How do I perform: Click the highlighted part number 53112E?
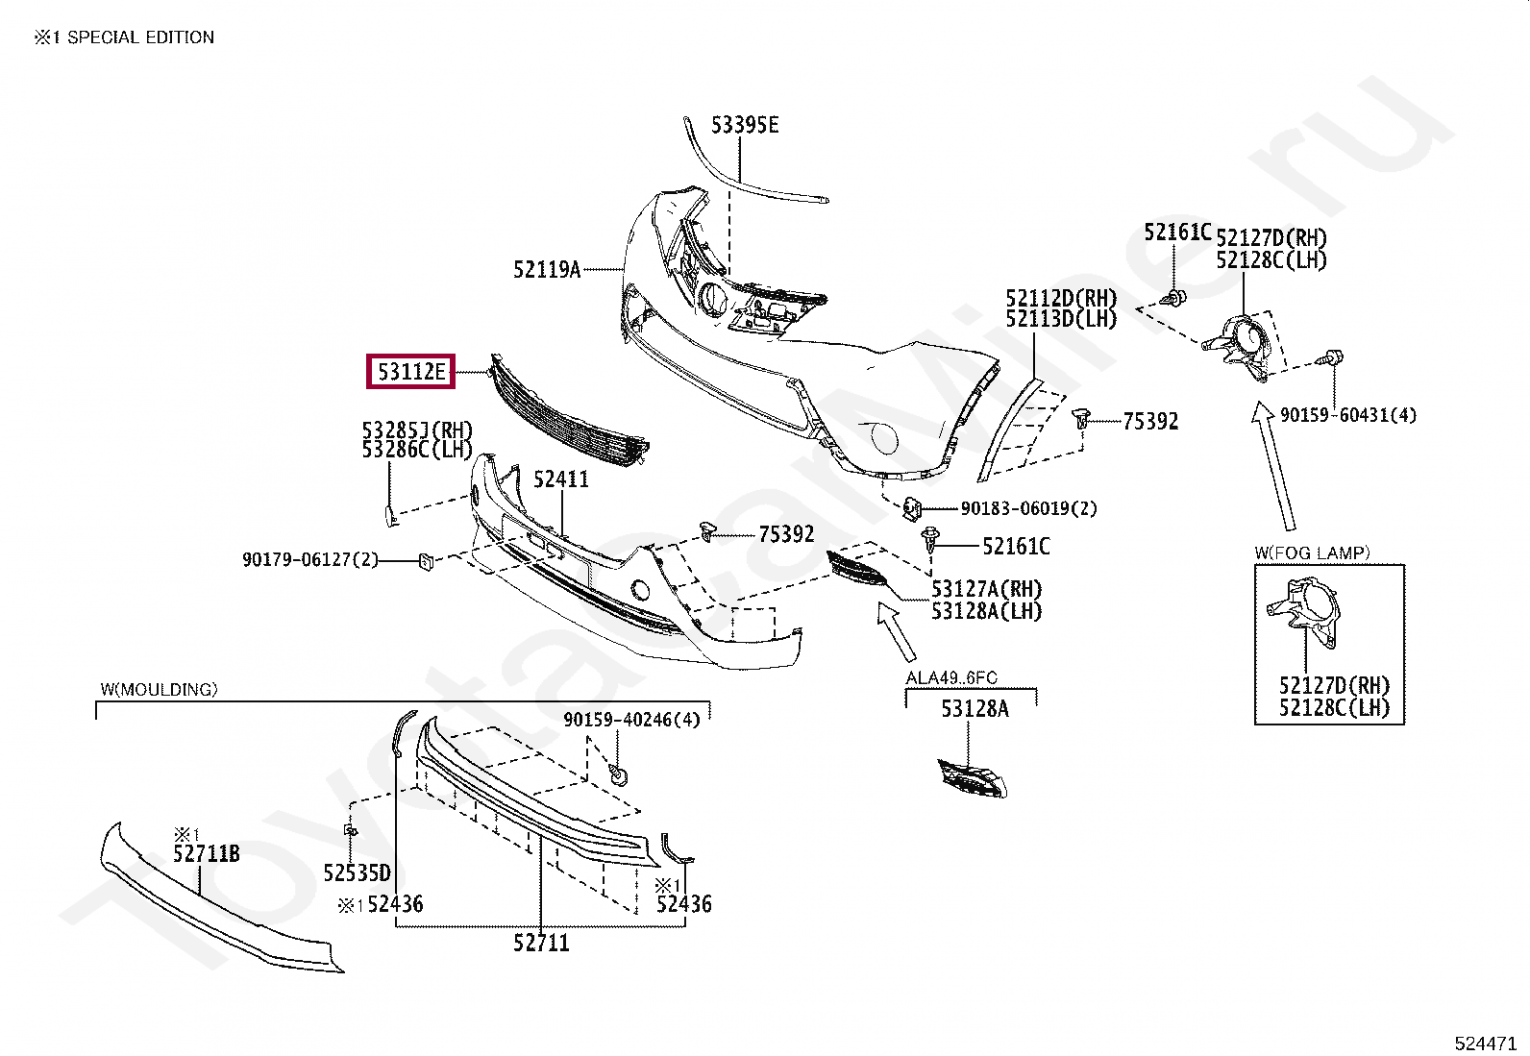click(411, 372)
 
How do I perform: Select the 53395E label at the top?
click(745, 125)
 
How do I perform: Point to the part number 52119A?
click(547, 270)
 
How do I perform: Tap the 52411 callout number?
click(561, 479)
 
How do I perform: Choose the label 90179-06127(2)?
click(310, 559)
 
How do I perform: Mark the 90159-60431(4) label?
click(1347, 415)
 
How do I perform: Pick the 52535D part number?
click(358, 873)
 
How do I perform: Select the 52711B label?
click(207, 853)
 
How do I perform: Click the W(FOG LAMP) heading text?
click(1312, 553)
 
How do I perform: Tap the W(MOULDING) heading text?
click(159, 689)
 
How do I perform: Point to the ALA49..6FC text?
click(951, 677)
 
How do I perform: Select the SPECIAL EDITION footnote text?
click(140, 37)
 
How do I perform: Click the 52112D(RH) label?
click(1061, 298)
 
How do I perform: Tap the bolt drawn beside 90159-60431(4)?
click(1332, 359)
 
